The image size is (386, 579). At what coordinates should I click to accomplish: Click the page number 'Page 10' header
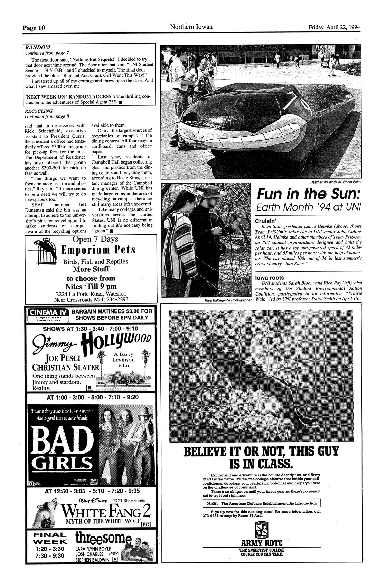coord(34,27)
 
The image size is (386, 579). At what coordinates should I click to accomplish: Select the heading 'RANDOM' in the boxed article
coord(38,47)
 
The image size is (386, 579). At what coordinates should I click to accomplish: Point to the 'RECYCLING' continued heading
coord(39,111)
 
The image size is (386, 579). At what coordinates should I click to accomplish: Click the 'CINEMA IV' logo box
coord(48,314)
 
